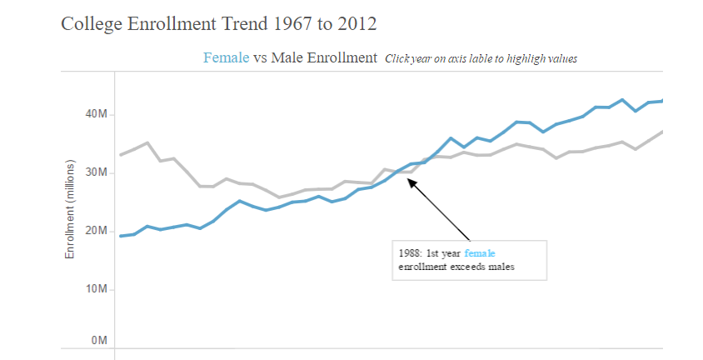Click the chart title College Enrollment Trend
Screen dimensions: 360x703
tap(218, 24)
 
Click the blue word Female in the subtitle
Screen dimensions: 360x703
tap(226, 57)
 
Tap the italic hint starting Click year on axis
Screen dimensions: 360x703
tap(481, 58)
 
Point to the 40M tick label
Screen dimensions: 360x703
tap(97, 114)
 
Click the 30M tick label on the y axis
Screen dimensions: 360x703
tap(97, 172)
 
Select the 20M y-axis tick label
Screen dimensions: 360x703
tap(97, 231)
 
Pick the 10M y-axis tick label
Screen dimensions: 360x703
tap(97, 289)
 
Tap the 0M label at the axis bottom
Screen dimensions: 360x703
tap(99, 341)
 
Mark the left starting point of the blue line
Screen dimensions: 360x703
tap(121, 236)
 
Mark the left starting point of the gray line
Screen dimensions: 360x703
tap(121, 155)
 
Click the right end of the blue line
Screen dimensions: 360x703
tap(662, 101)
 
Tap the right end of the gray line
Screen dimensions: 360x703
tap(662, 132)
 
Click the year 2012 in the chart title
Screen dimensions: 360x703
tap(357, 24)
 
